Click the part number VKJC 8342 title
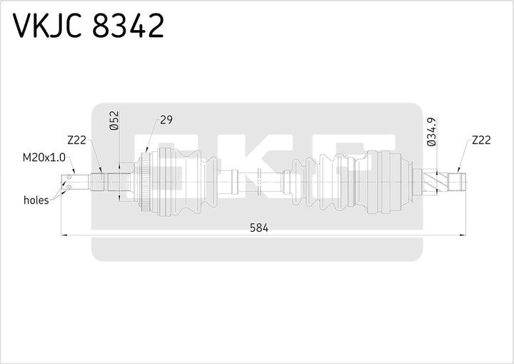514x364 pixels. (89, 26)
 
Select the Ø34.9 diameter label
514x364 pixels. (431, 132)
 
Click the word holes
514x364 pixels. (36, 200)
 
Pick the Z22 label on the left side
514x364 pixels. (76, 141)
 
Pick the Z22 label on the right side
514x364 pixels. (480, 141)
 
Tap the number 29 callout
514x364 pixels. (166, 120)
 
